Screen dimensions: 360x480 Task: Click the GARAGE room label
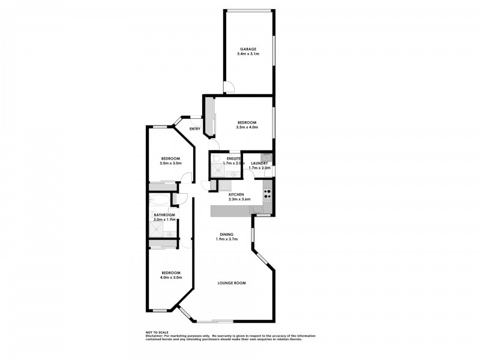pyautogui.click(x=248, y=50)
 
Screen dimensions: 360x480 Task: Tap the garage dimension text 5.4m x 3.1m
pyautogui.click(x=248, y=55)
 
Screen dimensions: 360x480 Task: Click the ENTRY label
pyautogui.click(x=195, y=129)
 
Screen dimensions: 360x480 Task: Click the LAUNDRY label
pyautogui.click(x=260, y=163)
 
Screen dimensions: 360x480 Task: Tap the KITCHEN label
pyautogui.click(x=236, y=195)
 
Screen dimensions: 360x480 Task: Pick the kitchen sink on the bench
pyautogui.click(x=256, y=209)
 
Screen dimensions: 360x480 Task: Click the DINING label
pyautogui.click(x=227, y=235)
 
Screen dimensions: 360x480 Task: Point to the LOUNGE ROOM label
pyautogui.click(x=232, y=283)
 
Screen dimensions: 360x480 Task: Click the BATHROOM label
pyautogui.click(x=164, y=215)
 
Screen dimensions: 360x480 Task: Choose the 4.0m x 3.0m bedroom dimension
pyautogui.click(x=171, y=277)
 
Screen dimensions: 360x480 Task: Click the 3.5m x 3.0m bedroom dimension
pyautogui.click(x=170, y=163)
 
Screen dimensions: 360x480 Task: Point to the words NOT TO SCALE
pyautogui.click(x=157, y=332)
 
